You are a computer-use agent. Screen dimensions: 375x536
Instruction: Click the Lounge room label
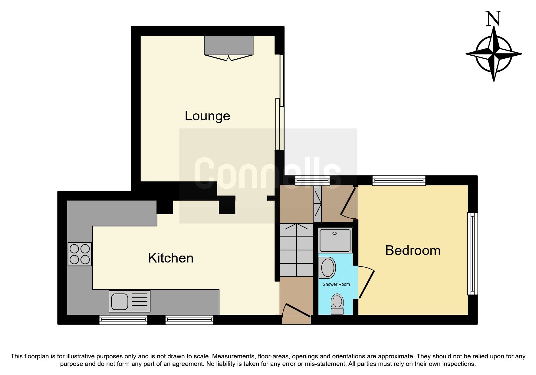click(207, 116)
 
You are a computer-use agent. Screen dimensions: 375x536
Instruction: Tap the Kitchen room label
click(171, 258)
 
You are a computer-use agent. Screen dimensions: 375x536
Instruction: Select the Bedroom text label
click(413, 251)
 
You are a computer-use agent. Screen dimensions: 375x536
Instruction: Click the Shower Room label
click(336, 284)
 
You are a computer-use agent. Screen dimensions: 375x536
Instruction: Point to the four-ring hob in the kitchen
click(80, 254)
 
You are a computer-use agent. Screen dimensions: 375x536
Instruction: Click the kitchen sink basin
click(120, 301)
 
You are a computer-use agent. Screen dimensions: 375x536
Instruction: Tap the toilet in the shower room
click(337, 304)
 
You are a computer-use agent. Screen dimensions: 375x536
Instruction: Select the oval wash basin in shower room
click(328, 268)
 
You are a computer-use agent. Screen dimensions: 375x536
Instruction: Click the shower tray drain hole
click(334, 233)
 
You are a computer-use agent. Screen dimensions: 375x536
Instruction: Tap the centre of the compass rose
click(494, 54)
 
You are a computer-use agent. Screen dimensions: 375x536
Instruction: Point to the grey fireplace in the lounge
click(229, 45)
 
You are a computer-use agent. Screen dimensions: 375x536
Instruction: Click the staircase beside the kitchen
click(296, 250)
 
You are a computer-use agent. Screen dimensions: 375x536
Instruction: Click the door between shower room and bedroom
click(366, 283)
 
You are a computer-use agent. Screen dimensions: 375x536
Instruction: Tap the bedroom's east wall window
click(472, 253)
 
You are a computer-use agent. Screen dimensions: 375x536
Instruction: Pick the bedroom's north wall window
click(399, 181)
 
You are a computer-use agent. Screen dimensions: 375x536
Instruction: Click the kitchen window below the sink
click(123, 320)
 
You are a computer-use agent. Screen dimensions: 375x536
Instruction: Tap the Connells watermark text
click(268, 174)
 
